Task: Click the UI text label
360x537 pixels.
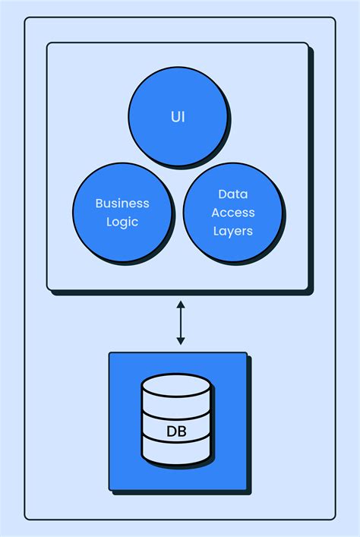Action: click(x=177, y=118)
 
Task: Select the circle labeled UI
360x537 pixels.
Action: click(x=177, y=144)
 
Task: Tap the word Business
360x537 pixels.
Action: click(x=122, y=204)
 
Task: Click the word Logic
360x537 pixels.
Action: click(x=122, y=222)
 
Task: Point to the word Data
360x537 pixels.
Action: click(x=232, y=194)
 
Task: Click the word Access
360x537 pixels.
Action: click(x=232, y=213)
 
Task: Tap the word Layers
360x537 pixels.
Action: click(x=232, y=231)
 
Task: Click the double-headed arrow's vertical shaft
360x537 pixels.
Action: click(x=180, y=322)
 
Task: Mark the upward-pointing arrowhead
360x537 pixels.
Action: click(x=180, y=304)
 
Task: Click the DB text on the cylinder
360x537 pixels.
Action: click(x=176, y=433)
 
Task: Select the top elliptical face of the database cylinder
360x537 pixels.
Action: click(x=176, y=385)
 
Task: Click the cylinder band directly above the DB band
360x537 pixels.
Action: click(x=176, y=409)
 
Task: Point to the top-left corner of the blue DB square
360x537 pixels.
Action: click(x=110, y=353)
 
